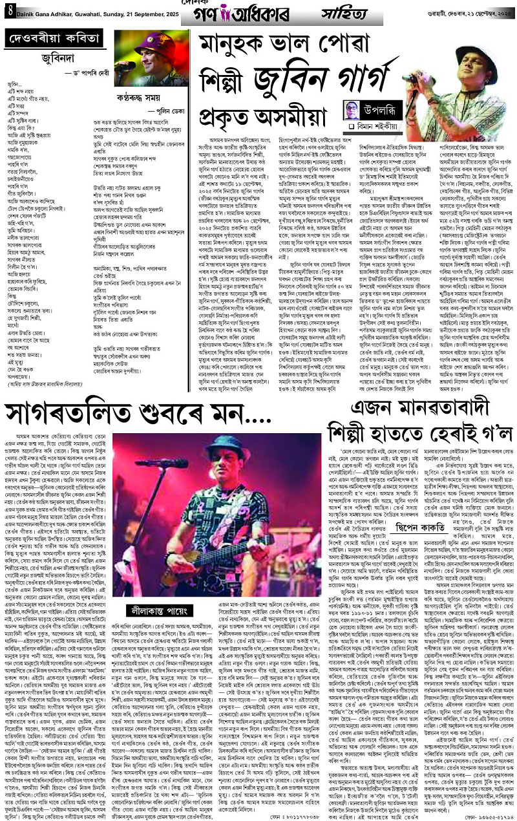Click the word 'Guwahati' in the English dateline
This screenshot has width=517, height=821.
click(89, 9)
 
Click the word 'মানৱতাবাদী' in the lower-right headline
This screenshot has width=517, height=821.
click(431, 408)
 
